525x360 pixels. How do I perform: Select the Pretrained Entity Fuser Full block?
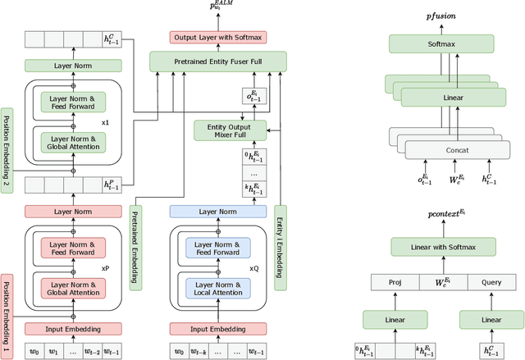pos(217,61)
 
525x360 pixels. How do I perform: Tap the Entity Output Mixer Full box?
pos(231,130)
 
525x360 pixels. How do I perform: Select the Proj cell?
pos(394,282)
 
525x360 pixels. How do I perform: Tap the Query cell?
pos(491,282)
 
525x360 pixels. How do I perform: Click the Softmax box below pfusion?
pos(443,46)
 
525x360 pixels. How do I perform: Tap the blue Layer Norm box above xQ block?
pos(217,212)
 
